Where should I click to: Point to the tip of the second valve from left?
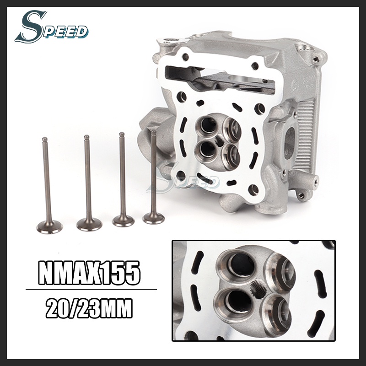click(86, 137)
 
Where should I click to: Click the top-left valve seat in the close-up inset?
click(232, 266)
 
